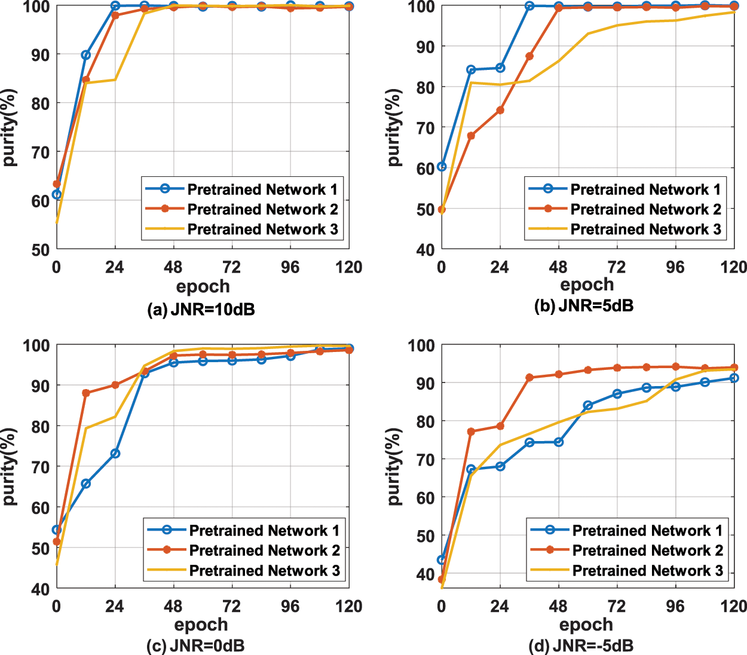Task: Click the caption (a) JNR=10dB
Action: point(201,310)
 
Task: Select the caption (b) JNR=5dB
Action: point(584,305)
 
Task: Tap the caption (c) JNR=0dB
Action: point(195,645)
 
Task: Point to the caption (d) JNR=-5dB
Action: point(581,645)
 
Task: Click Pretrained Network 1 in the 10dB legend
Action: point(262,189)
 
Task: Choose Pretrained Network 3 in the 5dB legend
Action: point(645,229)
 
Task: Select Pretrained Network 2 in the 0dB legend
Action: point(264,550)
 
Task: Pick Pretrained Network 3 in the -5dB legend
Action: point(647,571)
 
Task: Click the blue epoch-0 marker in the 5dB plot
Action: point(442,166)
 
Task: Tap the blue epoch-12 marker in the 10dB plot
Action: point(85,55)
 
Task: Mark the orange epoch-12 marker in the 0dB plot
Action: point(85,393)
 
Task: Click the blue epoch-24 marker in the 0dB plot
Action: point(115,454)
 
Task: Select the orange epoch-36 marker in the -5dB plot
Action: point(529,378)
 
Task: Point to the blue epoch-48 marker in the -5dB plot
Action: point(558,442)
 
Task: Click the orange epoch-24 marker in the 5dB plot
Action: point(500,111)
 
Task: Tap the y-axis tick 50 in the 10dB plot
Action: point(40,250)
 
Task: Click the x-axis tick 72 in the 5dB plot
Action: point(616,267)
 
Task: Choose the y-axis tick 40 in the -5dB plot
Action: point(424,574)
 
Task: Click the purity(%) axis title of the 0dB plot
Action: point(10,466)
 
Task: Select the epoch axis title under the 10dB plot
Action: point(203,286)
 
